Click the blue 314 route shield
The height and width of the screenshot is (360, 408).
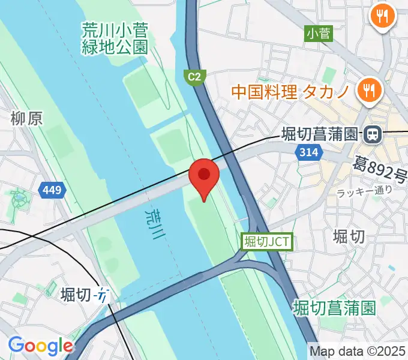(308, 152)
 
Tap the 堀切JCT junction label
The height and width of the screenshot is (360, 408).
(266, 241)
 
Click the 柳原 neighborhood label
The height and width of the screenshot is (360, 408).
(26, 119)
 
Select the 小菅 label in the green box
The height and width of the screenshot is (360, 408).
(318, 34)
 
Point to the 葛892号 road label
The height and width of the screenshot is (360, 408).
(380, 169)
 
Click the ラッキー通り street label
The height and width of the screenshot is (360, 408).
(364, 191)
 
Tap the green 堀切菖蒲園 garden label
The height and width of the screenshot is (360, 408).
(335, 308)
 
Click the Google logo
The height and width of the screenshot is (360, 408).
(40, 346)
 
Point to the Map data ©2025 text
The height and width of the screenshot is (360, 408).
(358, 350)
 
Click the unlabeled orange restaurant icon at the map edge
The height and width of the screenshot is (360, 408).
(383, 14)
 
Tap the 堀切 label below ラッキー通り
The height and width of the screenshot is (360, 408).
(348, 236)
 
